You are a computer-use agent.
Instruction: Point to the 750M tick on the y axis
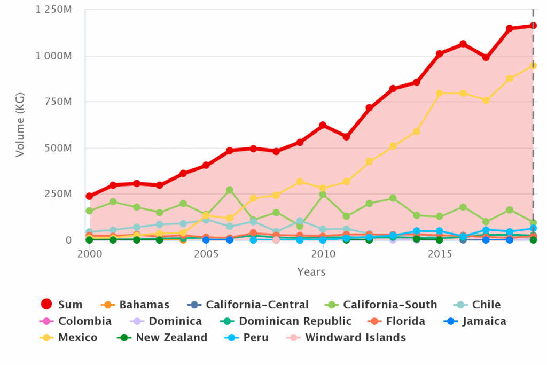click(61, 102)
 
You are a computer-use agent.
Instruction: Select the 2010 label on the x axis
click(323, 253)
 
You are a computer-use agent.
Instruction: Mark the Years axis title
click(311, 272)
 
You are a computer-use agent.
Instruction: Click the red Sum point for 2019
click(533, 26)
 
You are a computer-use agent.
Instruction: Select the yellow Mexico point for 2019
click(533, 66)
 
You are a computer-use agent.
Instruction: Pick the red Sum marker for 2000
click(90, 196)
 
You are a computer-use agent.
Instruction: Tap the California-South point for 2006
click(230, 190)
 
